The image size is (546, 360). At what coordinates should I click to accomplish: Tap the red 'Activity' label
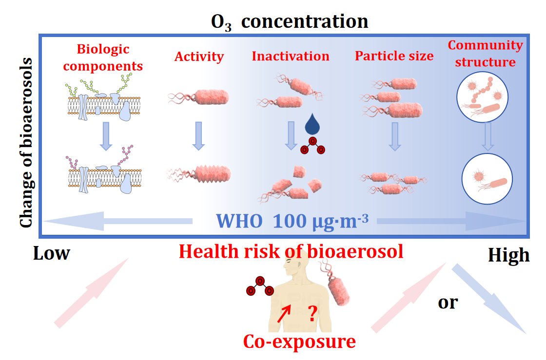(199, 57)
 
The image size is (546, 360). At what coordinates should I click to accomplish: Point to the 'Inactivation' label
(291, 56)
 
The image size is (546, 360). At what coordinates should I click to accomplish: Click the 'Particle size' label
(394, 56)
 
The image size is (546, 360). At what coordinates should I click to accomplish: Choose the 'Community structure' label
(485, 54)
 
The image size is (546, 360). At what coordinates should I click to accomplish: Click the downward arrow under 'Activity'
(198, 135)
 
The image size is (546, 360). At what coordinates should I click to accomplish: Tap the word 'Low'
(52, 254)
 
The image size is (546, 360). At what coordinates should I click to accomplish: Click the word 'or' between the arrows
(448, 303)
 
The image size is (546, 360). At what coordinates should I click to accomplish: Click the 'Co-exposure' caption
(300, 341)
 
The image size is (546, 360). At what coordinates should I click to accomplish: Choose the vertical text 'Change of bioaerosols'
(27, 143)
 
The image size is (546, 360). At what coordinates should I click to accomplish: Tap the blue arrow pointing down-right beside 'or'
(489, 299)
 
